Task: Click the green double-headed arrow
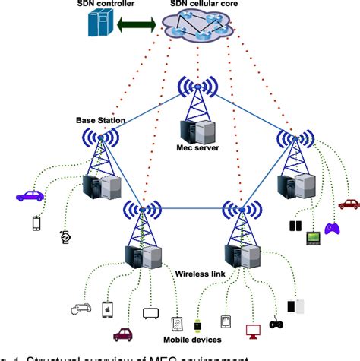coord(137,25)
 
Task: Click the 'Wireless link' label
coord(199,273)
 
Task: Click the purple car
coord(30,195)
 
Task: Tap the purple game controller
coord(332,228)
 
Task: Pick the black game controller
coord(276,325)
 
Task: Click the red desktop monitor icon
coord(252,331)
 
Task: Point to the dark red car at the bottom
coord(122,334)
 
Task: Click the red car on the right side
coord(349,204)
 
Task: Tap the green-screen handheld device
coord(312,239)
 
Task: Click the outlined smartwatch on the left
coord(65,236)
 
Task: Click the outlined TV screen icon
coord(150,313)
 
